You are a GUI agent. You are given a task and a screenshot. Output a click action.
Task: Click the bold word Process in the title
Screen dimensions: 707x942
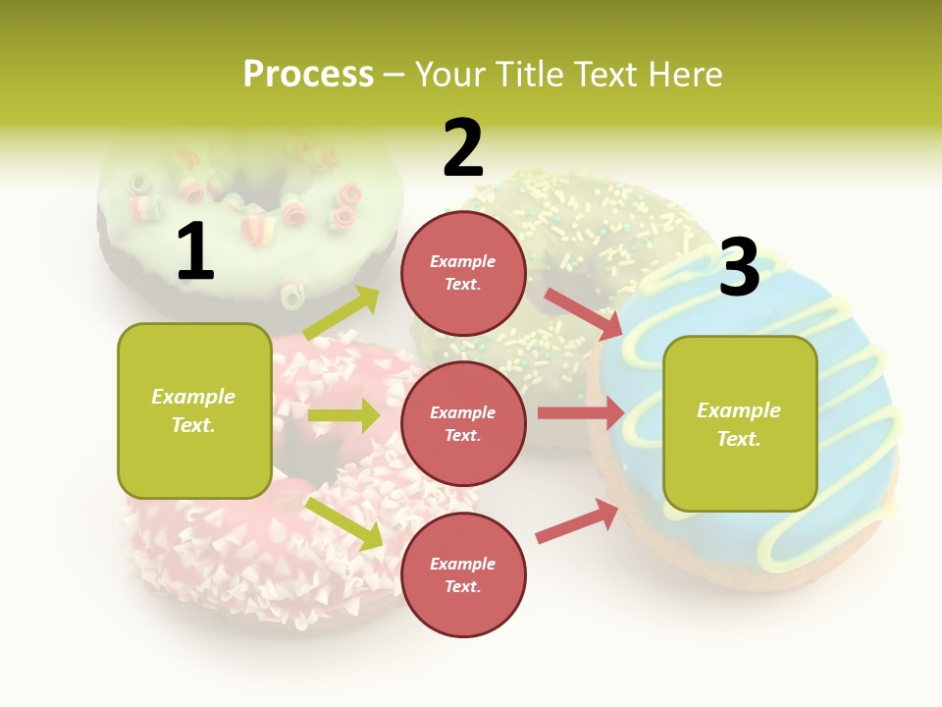(x=308, y=74)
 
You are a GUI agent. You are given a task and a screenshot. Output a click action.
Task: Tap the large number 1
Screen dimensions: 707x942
(x=195, y=251)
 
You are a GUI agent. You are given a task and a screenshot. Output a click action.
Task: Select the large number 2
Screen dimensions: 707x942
(x=463, y=148)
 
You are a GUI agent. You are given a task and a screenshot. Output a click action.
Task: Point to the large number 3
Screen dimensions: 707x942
(x=739, y=267)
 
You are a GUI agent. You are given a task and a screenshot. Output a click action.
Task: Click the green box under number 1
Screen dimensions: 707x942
(x=194, y=410)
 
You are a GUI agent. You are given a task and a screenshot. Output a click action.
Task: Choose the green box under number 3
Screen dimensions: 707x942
(x=740, y=423)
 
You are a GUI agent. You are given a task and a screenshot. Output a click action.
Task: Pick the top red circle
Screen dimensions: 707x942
(x=463, y=273)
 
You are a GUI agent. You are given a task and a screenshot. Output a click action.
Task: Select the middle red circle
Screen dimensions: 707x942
(x=463, y=423)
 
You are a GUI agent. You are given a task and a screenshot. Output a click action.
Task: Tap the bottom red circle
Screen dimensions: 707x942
(x=463, y=574)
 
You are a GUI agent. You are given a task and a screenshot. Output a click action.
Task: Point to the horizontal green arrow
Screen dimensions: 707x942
(x=343, y=415)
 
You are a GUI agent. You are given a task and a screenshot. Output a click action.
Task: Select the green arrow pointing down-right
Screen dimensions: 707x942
(x=344, y=523)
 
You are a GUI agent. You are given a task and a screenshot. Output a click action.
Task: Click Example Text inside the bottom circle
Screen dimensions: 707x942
(x=463, y=574)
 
